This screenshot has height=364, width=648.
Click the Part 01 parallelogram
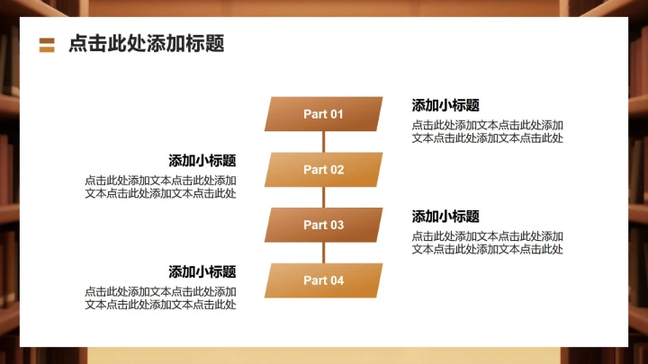323,114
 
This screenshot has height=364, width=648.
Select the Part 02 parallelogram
323,170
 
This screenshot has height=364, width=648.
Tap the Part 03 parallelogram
323,225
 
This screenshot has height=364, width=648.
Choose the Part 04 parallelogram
323,280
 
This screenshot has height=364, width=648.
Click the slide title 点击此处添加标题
146,44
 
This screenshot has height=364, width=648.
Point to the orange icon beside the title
48,45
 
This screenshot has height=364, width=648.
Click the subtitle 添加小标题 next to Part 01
445,105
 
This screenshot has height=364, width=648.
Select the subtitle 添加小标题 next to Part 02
202,161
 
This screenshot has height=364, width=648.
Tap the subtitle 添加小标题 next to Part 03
445,217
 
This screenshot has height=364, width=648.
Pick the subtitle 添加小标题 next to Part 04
202,271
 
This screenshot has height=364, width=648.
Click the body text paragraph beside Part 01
487,131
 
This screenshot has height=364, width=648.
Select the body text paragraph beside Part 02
161,187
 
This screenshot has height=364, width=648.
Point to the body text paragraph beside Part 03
487,243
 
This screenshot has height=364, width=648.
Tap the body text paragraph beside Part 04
161,298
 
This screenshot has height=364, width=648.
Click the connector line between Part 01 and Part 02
323,142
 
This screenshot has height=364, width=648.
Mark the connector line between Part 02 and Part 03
323,198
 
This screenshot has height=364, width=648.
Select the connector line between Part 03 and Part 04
323,253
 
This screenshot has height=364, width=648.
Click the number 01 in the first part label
336,114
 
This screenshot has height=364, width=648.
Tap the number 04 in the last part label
336,280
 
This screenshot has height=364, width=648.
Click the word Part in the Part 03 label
314,225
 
